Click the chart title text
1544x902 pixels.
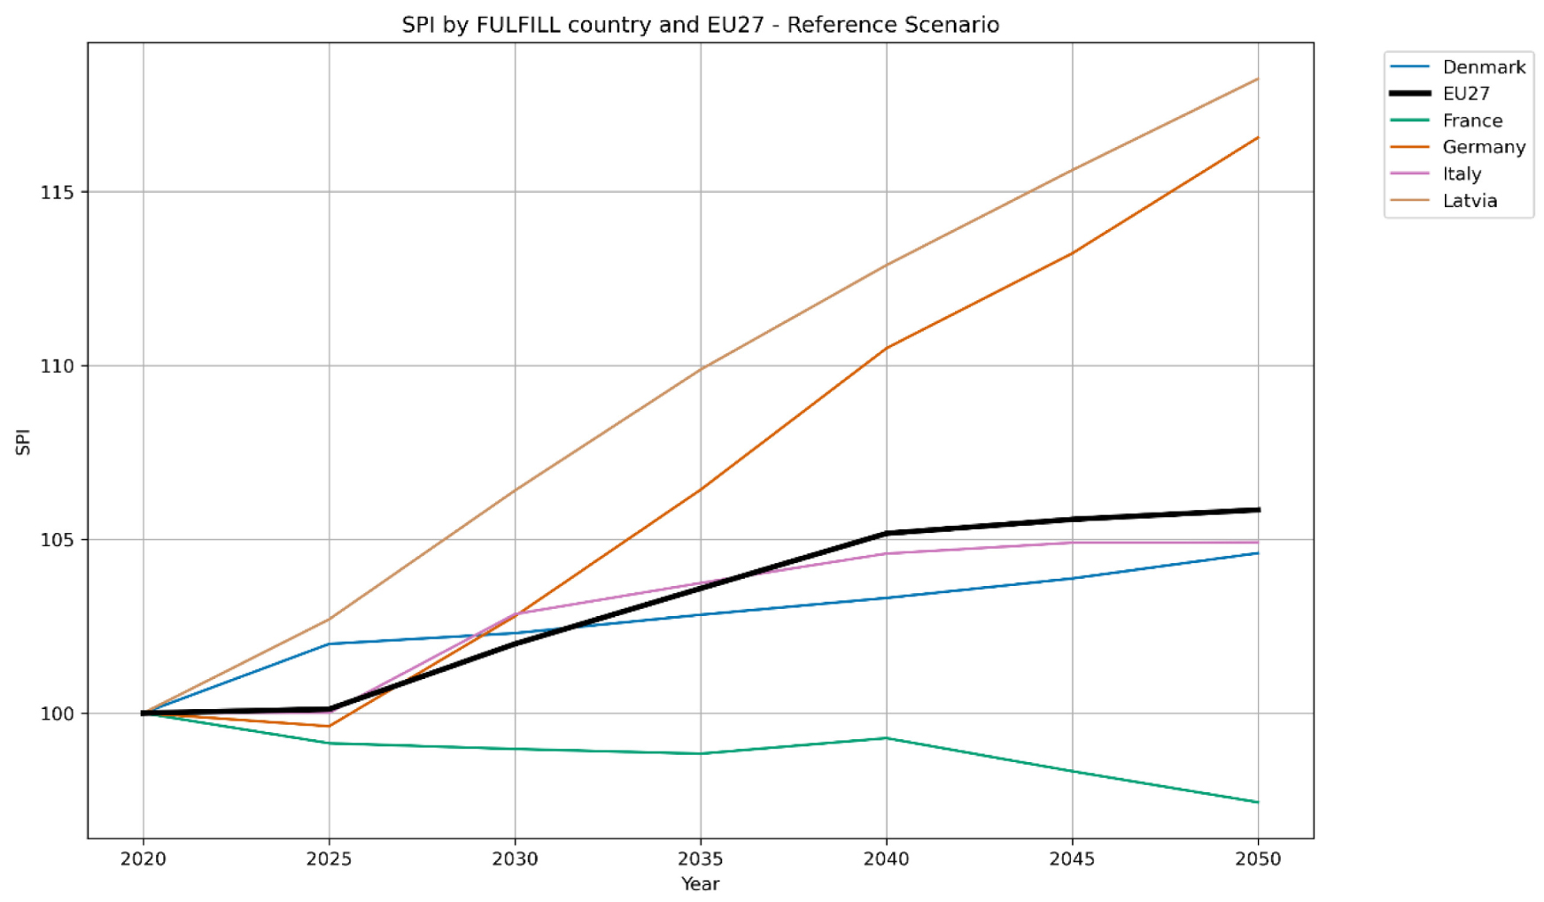[x=700, y=25]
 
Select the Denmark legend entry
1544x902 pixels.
[x=1483, y=67]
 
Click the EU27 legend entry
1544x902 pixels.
[x=1465, y=94]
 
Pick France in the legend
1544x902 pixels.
[x=1471, y=120]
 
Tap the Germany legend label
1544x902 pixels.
[x=1483, y=147]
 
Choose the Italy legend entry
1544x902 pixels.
[x=1461, y=173]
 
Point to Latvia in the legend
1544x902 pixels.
[x=1469, y=201]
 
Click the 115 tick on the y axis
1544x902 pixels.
[x=58, y=192]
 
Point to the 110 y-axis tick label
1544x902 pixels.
[x=58, y=366]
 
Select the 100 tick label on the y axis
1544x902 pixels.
[x=58, y=713]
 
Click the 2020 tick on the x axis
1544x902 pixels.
[x=144, y=859]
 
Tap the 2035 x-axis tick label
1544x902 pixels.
[x=701, y=859]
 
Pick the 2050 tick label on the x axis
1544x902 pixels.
[x=1258, y=859]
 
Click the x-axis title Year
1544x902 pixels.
[x=700, y=883]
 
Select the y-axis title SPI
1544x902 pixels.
[x=24, y=442]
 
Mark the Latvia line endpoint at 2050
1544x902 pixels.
[x=1258, y=79]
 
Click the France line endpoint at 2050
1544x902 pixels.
[x=1258, y=802]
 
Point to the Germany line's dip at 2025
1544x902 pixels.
[x=330, y=727]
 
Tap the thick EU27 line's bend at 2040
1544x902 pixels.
[x=887, y=533]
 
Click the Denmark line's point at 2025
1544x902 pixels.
[x=330, y=644]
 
